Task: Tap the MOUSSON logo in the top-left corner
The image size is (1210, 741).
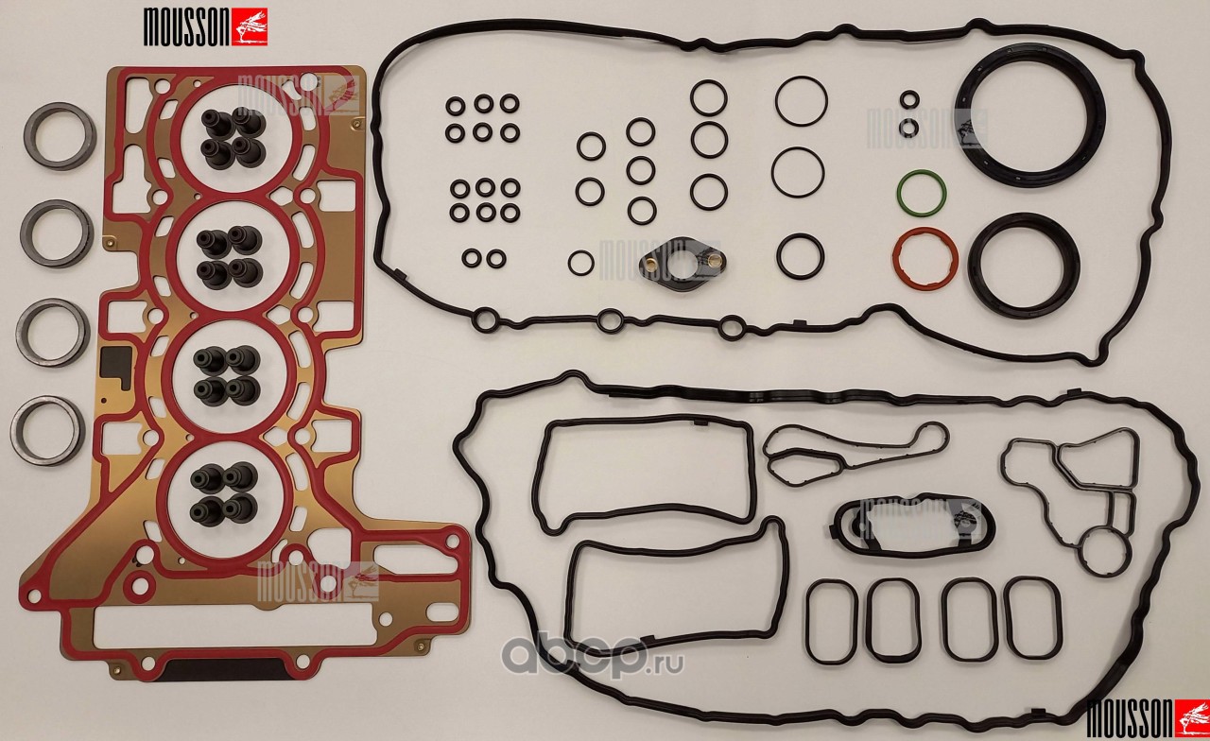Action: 205,27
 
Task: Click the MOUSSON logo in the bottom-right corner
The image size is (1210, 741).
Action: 1147,717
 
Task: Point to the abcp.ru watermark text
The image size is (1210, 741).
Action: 593,657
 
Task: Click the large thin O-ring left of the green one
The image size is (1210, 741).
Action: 773,172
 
